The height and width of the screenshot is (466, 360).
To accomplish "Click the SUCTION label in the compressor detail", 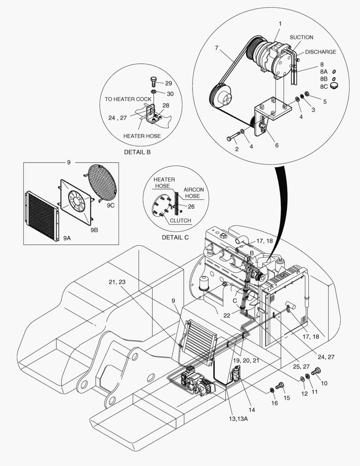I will click(301, 38).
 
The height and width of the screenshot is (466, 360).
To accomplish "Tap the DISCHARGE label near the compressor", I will click(320, 52).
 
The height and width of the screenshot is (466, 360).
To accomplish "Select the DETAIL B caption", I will click(137, 152).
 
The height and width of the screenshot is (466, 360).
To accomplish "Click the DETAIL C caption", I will click(175, 237).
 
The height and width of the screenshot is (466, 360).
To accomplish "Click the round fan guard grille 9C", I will click(103, 180).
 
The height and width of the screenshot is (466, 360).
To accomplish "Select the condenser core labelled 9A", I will click(42, 214).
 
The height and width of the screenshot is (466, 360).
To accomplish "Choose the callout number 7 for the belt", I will click(216, 48).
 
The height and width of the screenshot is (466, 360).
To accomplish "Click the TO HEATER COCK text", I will click(128, 99).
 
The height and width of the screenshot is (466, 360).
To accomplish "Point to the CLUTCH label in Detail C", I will click(180, 220).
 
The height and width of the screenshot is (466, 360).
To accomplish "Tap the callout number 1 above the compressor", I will click(280, 23).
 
